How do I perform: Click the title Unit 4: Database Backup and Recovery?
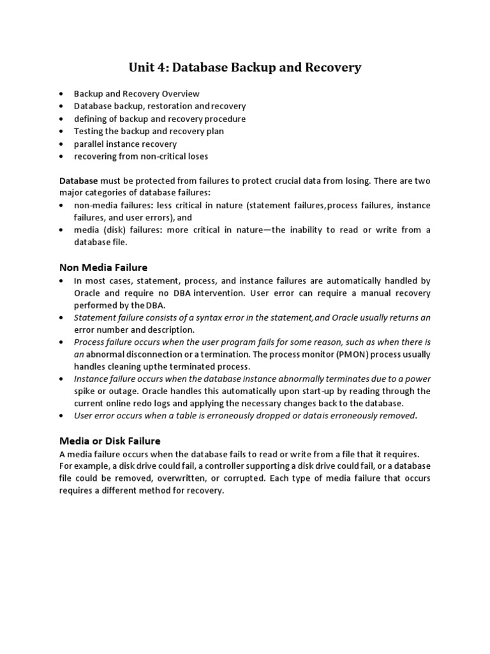(x=245, y=67)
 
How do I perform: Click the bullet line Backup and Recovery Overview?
(x=137, y=94)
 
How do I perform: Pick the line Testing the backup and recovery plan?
(x=149, y=131)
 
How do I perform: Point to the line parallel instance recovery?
(x=125, y=144)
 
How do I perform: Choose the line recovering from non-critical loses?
(x=141, y=156)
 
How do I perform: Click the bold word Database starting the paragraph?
(x=78, y=181)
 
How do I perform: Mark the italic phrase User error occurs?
(x=106, y=416)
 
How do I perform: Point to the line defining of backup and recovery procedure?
(x=160, y=119)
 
